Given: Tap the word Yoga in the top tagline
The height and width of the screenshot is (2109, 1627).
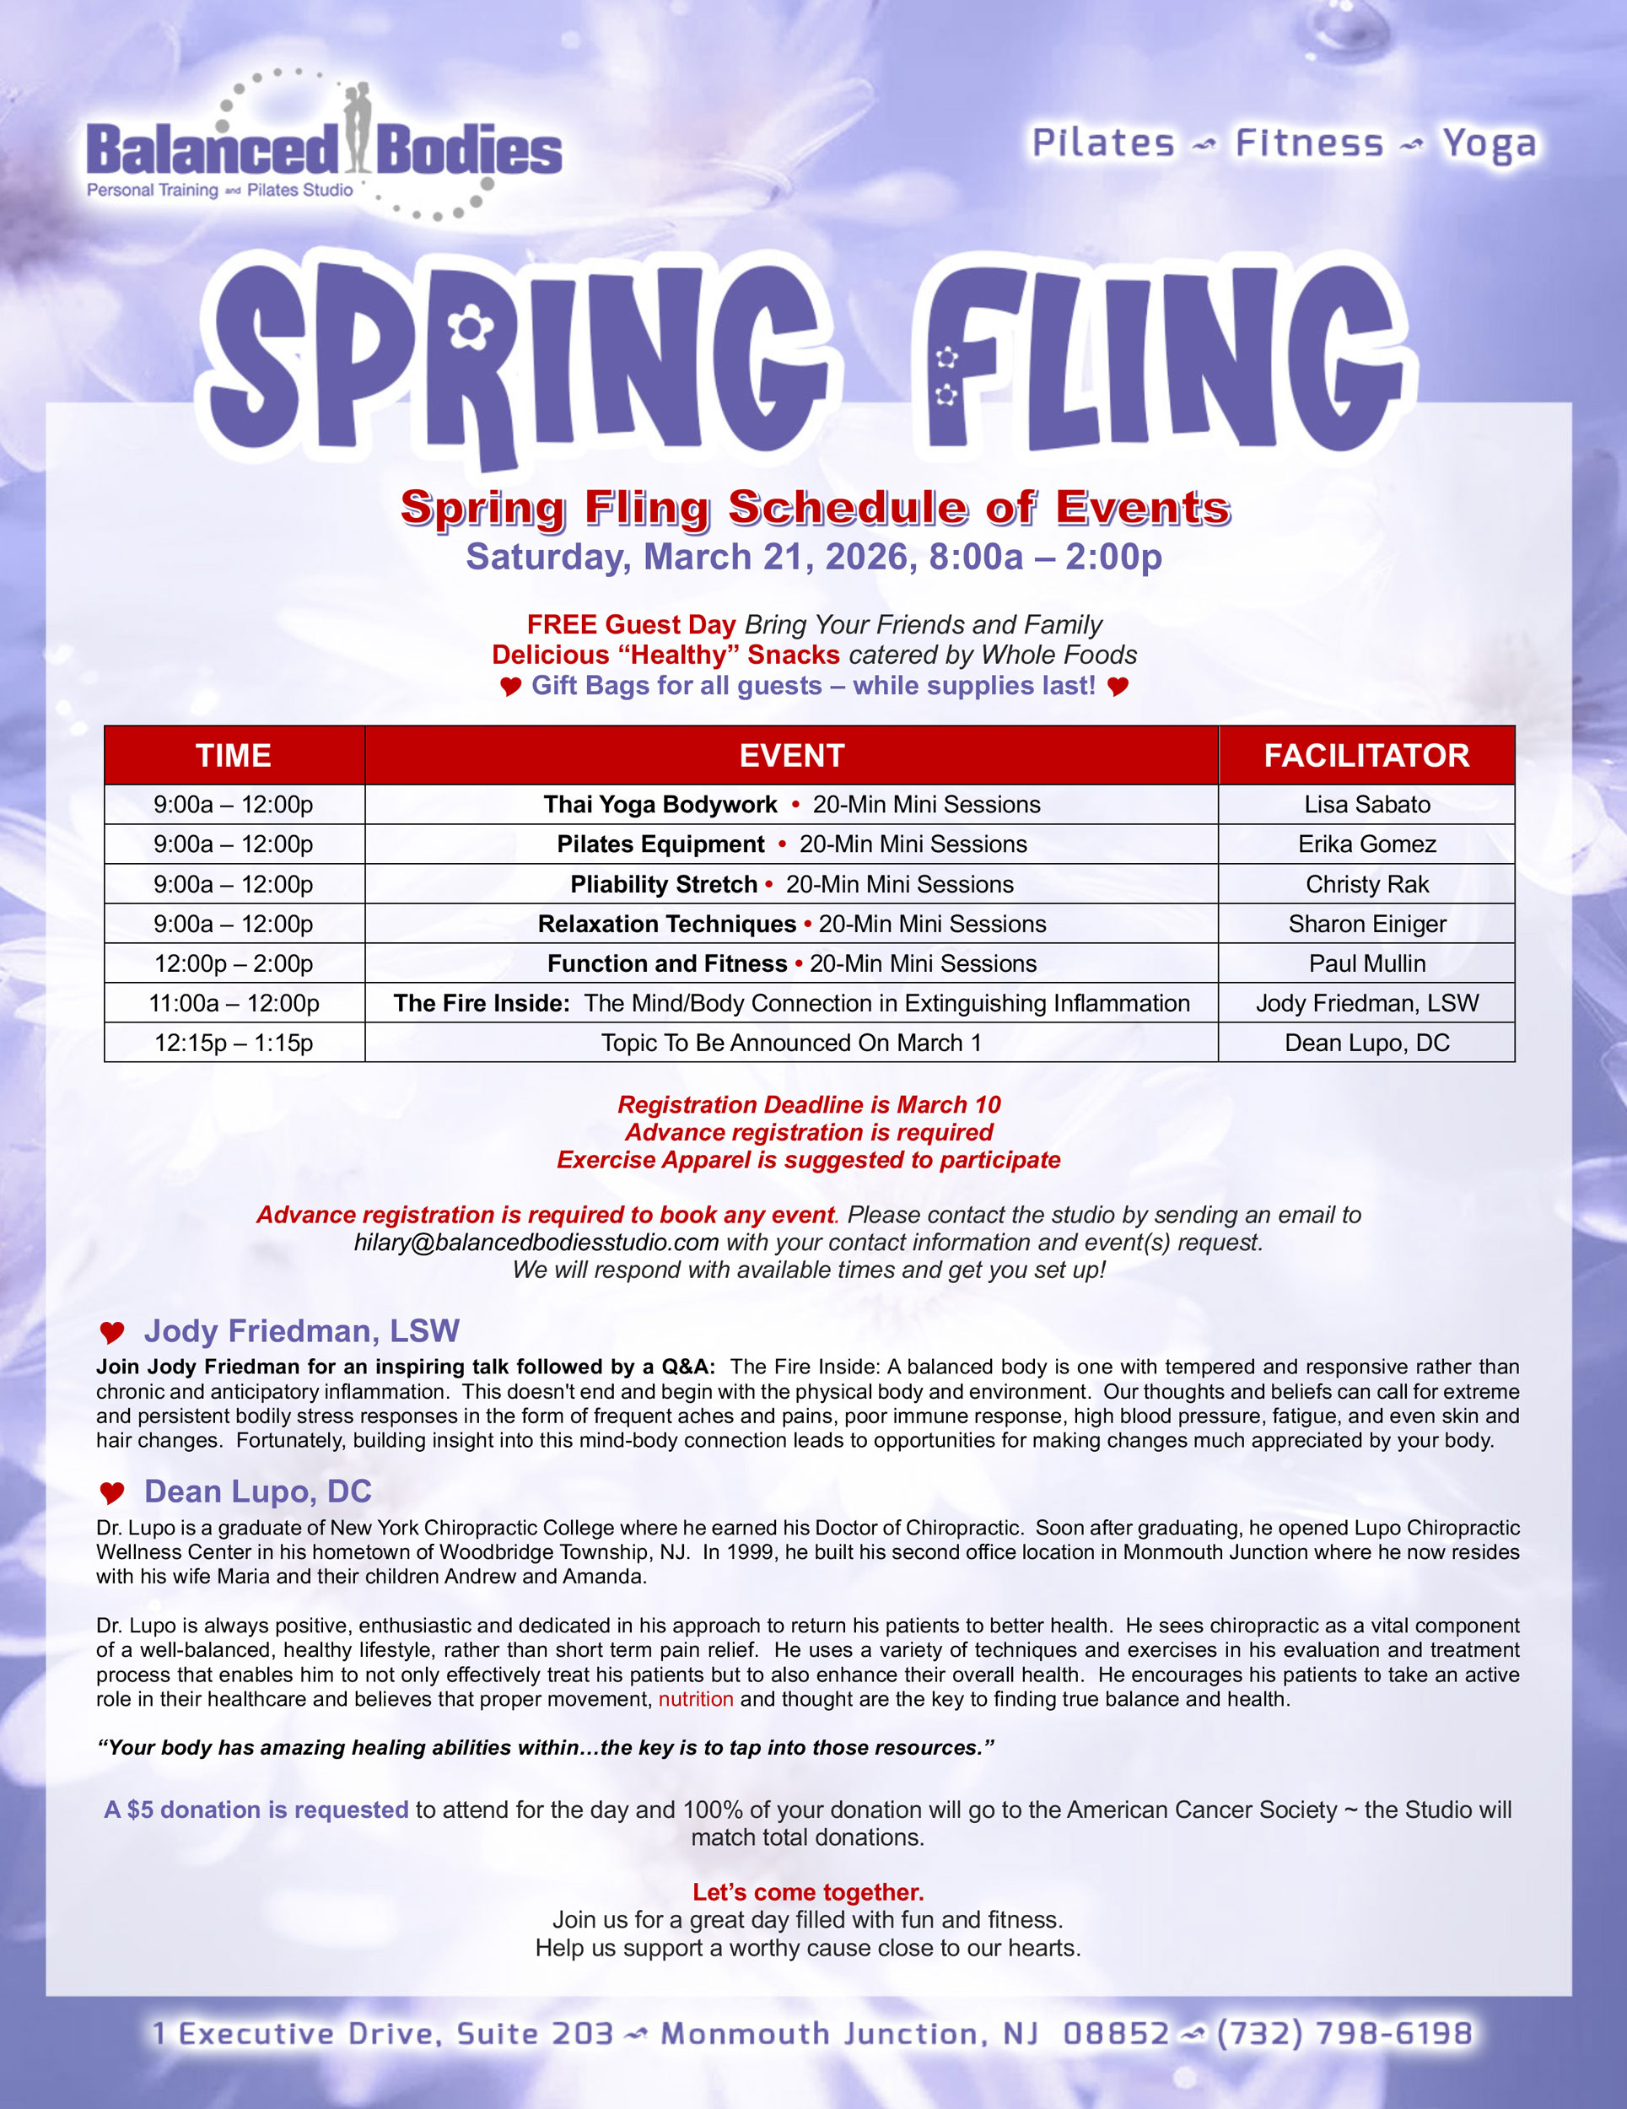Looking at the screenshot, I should (x=1488, y=144).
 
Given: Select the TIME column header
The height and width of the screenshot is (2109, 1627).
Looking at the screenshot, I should (x=234, y=755).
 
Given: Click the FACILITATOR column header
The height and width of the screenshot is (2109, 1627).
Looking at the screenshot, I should (x=1366, y=755).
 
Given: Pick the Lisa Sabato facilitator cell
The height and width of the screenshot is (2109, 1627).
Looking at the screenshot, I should (x=1366, y=805).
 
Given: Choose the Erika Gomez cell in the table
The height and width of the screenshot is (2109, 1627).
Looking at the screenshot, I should (x=1366, y=844).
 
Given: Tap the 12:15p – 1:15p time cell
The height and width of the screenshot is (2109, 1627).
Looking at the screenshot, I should (x=234, y=1043).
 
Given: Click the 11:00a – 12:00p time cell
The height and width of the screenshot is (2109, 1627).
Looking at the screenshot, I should (x=234, y=1003).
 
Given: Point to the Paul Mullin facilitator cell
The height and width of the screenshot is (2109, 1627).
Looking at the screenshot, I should (x=1366, y=963).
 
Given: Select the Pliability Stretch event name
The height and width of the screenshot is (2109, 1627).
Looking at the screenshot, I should (x=663, y=885).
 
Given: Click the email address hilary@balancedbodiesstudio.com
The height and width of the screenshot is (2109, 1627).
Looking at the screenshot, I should (x=536, y=1243).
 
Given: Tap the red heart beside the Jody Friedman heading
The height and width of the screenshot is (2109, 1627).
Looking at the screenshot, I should (x=112, y=1333).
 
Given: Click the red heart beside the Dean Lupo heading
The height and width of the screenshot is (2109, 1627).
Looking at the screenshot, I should (x=112, y=1493).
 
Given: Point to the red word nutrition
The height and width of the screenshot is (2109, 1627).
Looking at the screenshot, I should (x=695, y=1699).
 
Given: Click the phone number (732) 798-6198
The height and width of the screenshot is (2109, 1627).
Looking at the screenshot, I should (x=1344, y=2034).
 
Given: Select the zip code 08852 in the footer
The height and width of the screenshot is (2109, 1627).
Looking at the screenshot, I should (x=1115, y=2034).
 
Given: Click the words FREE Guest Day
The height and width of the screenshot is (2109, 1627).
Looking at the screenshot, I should (x=631, y=625).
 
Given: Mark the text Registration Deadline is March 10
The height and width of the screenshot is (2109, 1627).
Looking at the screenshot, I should (x=808, y=1105).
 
